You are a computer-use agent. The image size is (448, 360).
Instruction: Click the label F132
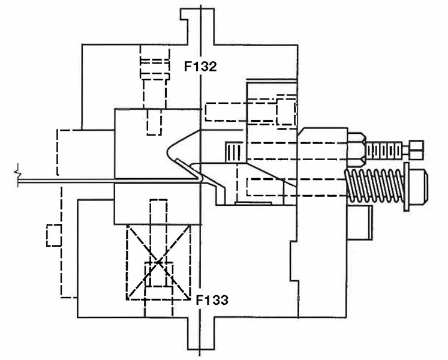(200, 67)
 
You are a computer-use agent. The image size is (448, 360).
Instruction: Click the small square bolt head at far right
(414, 146)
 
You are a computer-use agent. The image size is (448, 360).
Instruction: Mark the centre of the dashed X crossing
(158, 262)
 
